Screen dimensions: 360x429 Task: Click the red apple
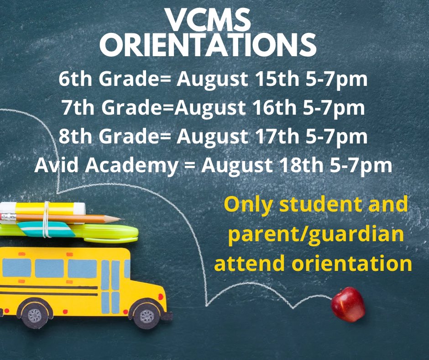(348, 304)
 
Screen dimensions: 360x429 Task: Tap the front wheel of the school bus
(146, 315)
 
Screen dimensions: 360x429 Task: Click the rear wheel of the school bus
(33, 314)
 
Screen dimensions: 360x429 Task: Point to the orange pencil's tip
(120, 219)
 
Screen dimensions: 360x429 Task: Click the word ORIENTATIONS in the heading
(208, 46)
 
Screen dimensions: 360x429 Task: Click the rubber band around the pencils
(46, 219)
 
